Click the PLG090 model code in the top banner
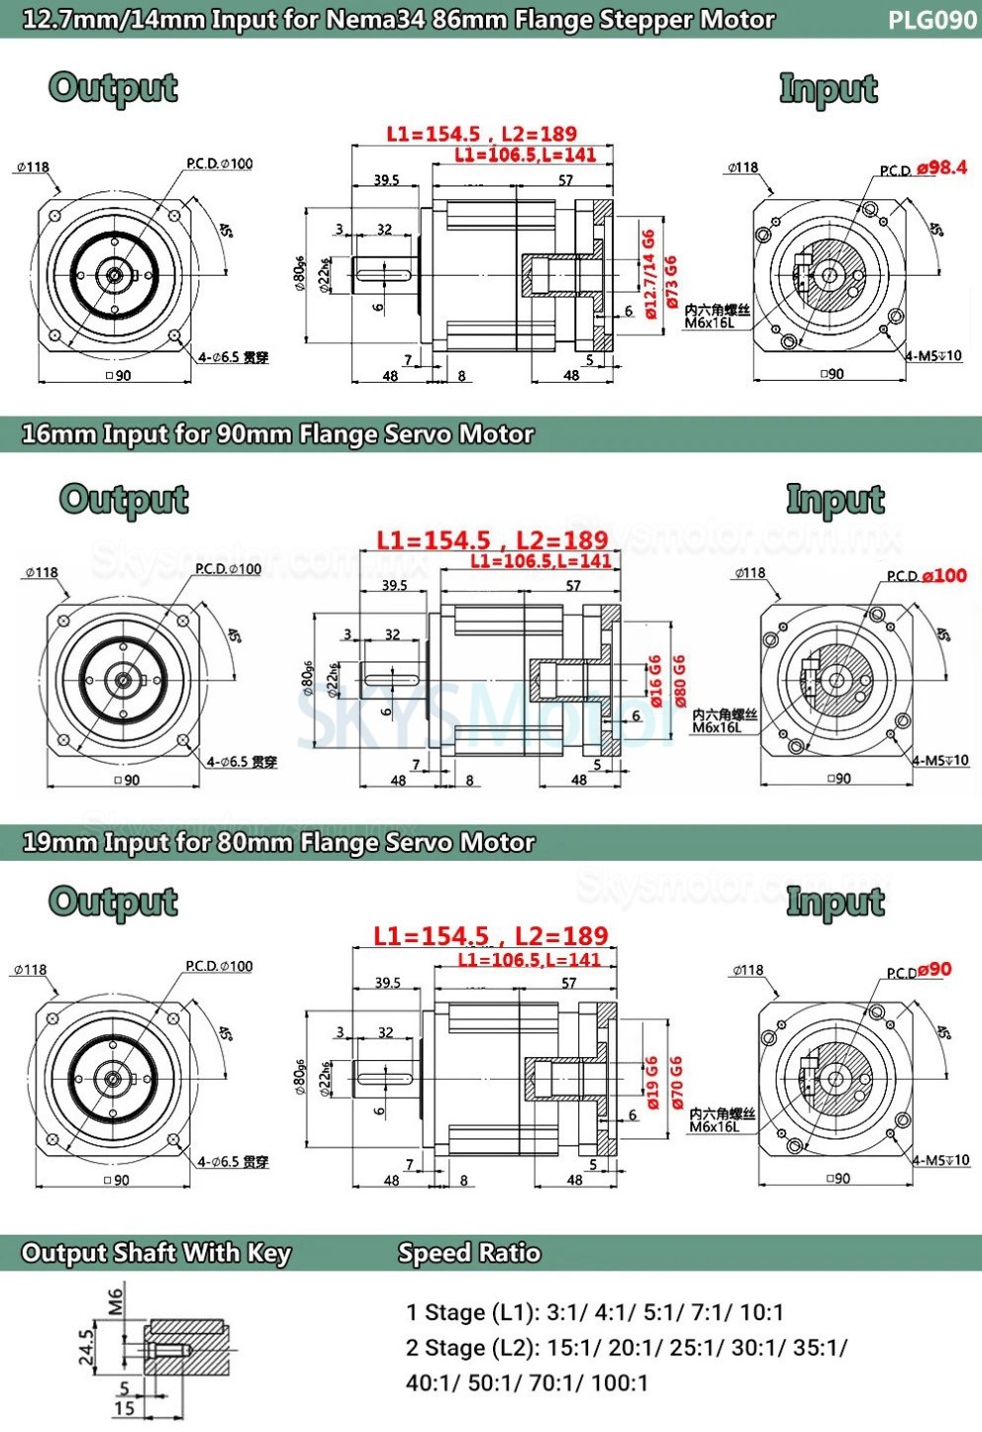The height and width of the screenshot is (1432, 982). (931, 20)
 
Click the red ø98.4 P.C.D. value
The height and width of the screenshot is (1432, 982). (941, 168)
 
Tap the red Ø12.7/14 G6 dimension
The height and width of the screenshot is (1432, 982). (650, 274)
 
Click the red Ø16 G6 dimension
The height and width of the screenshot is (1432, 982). (656, 680)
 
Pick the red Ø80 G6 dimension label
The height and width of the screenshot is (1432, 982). (678, 680)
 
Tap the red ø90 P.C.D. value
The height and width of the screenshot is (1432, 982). (934, 969)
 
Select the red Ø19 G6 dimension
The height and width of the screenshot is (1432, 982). (653, 1082)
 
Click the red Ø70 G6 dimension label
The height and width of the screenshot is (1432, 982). (675, 1082)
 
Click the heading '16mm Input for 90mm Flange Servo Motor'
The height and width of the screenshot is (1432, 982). (278, 434)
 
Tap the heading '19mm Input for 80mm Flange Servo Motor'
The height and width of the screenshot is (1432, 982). (278, 843)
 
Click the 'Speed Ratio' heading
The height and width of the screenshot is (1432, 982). (469, 1253)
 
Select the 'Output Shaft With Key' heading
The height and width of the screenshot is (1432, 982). (156, 1253)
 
